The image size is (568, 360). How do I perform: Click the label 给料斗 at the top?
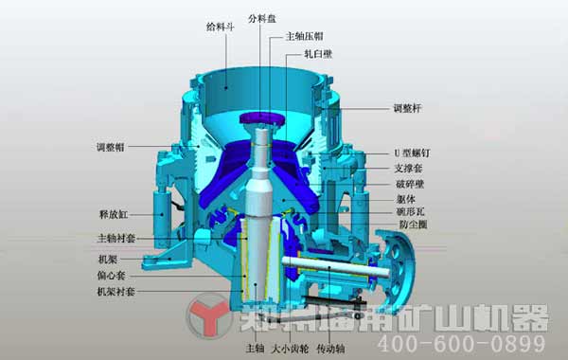click(x=220, y=27)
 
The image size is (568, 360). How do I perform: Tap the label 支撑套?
click(x=408, y=168)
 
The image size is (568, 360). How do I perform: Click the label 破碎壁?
click(x=408, y=183)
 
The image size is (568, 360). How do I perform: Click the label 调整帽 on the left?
click(x=111, y=147)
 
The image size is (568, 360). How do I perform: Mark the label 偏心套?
click(x=111, y=275)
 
